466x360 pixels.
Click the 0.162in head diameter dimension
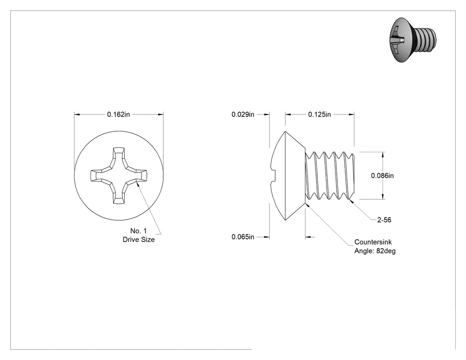(118, 115)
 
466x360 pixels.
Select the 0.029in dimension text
(243, 115)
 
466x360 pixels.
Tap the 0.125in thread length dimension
(320, 115)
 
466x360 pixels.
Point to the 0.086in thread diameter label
(382, 176)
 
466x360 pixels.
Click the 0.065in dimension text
(243, 237)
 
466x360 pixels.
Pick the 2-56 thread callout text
(384, 220)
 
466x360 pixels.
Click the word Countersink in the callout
(373, 242)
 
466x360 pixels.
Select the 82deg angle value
(386, 251)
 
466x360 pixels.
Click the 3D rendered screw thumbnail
(412, 40)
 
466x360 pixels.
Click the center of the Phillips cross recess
(118, 175)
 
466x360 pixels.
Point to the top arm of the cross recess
(118, 156)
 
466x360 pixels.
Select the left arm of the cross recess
(99, 175)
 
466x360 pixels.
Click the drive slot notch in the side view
(273, 175)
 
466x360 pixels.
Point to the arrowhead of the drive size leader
(138, 184)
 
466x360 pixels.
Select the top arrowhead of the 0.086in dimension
(383, 154)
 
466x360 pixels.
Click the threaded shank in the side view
(330, 175)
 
